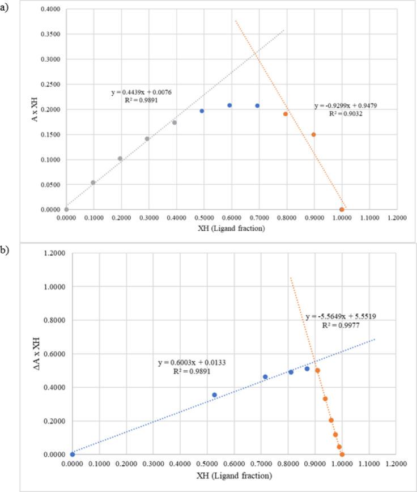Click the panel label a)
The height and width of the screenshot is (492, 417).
pyautogui.click(x=6, y=8)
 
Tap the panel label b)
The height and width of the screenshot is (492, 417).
pyautogui.click(x=6, y=250)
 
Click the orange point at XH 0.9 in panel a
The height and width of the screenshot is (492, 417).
pyautogui.click(x=313, y=134)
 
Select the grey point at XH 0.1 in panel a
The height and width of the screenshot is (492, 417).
pyautogui.click(x=93, y=183)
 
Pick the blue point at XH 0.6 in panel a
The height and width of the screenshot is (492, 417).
pyautogui.click(x=229, y=105)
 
